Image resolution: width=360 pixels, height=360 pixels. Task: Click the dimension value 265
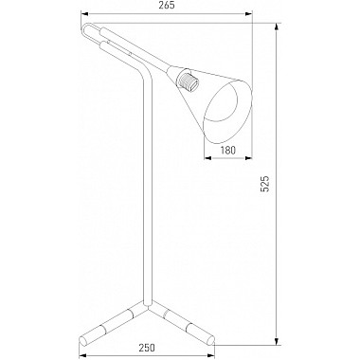pyautogui.click(x=166, y=6)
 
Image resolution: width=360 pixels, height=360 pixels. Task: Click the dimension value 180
pyautogui.click(x=227, y=150)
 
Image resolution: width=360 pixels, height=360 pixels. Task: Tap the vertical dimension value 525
pyautogui.click(x=265, y=184)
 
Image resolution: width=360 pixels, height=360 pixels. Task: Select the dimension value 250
pyautogui.click(x=147, y=348)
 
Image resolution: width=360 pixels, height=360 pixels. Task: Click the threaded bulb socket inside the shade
pyautogui.click(x=189, y=81)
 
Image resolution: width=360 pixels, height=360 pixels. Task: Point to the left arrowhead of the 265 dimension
pyautogui.click(x=85, y=13)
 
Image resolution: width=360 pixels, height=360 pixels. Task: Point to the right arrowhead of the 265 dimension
pyautogui.click(x=249, y=13)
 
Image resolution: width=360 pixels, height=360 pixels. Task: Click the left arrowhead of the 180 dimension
pyautogui.click(x=207, y=157)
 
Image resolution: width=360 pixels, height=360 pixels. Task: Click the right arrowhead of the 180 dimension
pyautogui.click(x=248, y=157)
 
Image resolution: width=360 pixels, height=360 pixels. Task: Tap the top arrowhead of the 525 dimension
pyautogui.click(x=277, y=27)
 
